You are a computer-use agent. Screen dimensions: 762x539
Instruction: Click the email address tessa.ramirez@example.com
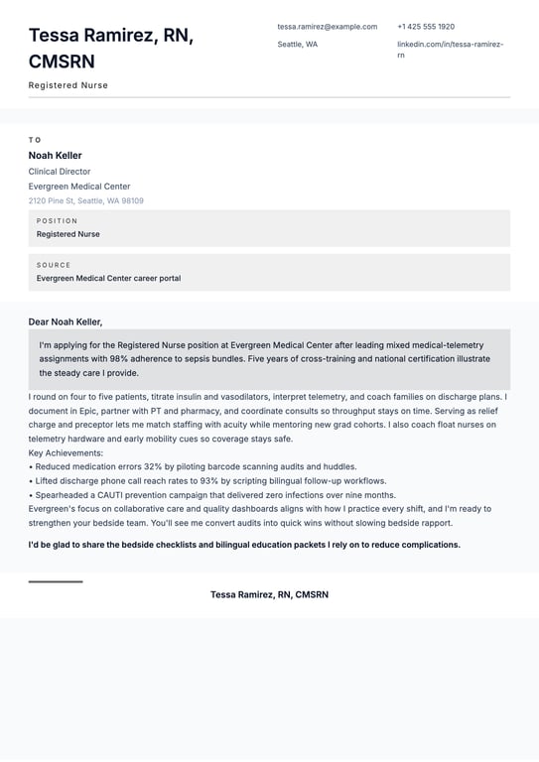coord(327,27)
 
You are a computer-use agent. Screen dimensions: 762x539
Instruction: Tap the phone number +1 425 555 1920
coord(426,27)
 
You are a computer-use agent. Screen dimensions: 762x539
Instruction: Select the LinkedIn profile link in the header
coord(450,50)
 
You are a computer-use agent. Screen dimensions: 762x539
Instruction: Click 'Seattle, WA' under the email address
coord(298,45)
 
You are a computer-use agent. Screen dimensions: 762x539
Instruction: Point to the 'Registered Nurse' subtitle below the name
coord(68,85)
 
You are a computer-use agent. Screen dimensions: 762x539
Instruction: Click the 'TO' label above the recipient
coord(35,140)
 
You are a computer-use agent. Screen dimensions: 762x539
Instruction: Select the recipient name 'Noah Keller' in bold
coord(56,156)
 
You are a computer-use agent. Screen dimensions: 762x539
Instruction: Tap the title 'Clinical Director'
coord(60,172)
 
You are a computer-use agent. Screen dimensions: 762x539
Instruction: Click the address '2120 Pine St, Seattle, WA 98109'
coord(86,200)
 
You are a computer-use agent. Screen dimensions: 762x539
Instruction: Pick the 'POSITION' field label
coord(57,221)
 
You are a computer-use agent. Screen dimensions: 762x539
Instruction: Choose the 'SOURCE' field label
coord(54,265)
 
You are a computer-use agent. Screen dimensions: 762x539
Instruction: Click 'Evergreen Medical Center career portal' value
coord(108,279)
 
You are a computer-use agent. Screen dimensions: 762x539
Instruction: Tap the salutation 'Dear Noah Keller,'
coord(66,321)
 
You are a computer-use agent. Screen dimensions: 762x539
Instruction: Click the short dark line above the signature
coord(56,581)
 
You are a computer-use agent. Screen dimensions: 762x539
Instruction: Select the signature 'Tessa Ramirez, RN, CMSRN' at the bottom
coord(269,594)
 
